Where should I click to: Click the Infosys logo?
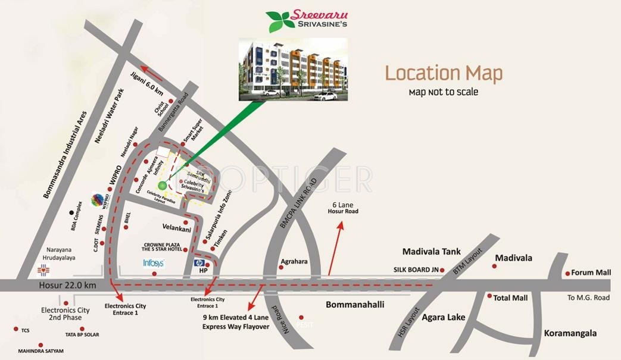coord(154,262)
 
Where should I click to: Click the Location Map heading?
coord(444,73)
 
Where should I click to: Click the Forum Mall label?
coord(591,273)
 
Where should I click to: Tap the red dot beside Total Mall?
coord(489,296)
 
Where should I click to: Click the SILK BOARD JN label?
coord(416,270)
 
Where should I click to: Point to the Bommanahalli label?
coord(355,305)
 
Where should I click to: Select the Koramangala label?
coord(570,334)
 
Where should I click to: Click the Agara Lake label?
coord(443,317)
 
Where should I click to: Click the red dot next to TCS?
coord(16,328)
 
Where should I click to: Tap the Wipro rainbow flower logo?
coord(98,200)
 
